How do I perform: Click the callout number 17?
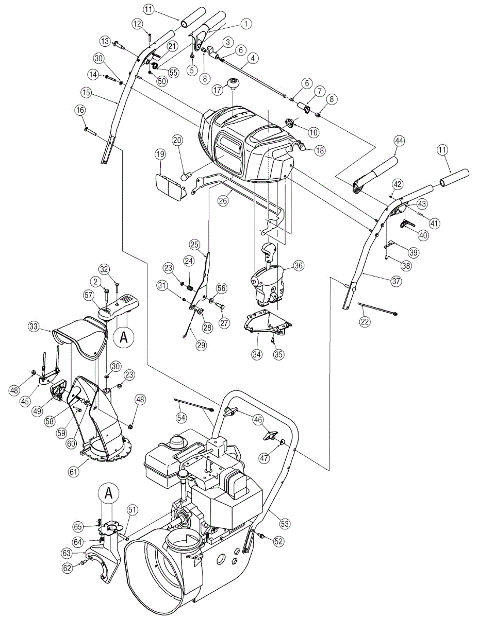pos(217,90)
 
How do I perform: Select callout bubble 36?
pos(298,266)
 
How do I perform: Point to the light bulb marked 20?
pos(186,177)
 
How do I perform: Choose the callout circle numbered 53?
pos(285,523)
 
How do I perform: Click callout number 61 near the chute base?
pos(74,472)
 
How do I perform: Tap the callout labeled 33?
pos(34,327)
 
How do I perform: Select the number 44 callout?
pos(399,141)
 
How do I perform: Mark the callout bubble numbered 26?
pos(223,201)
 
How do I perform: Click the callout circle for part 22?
pos(365,322)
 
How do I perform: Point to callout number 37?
pos(395,281)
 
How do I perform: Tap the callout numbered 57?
pos(89,295)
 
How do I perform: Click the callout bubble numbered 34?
pos(257,355)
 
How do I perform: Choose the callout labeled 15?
pos(87,93)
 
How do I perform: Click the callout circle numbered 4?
pos(253,58)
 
